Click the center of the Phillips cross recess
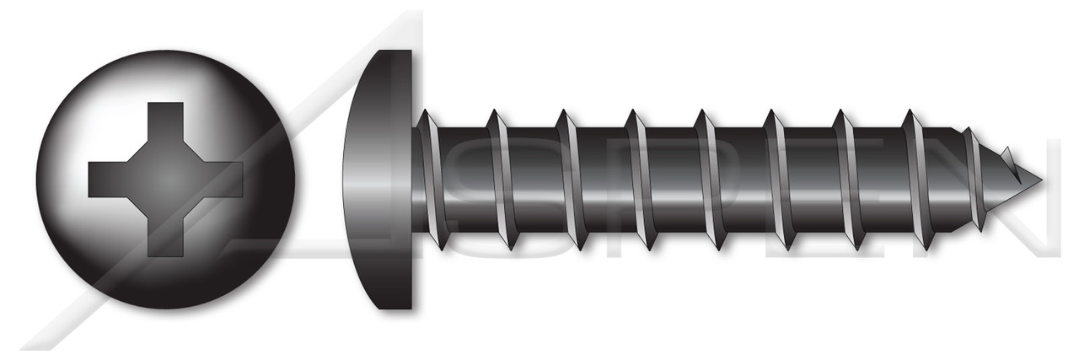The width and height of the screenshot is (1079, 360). [x=166, y=179]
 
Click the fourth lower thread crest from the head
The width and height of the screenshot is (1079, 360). [x=650, y=247]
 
